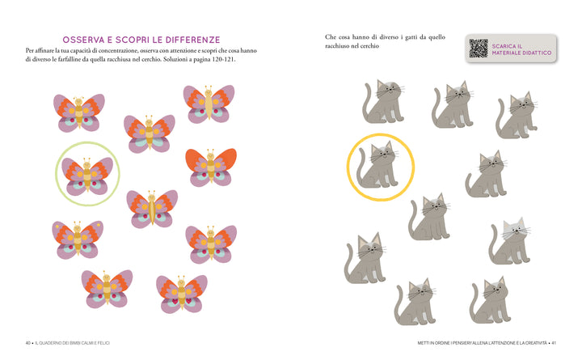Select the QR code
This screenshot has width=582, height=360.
478,49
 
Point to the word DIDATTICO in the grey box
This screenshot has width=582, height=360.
536,53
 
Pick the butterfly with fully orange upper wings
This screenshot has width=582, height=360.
211,167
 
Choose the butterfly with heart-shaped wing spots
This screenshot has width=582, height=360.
182,294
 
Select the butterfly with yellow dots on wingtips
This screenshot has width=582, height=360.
78,239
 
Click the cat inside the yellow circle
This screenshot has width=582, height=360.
377,164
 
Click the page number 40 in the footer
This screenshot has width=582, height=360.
28,343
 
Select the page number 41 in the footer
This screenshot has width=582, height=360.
554,343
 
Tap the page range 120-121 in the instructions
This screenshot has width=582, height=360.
223,59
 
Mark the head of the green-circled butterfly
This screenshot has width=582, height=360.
86,164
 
